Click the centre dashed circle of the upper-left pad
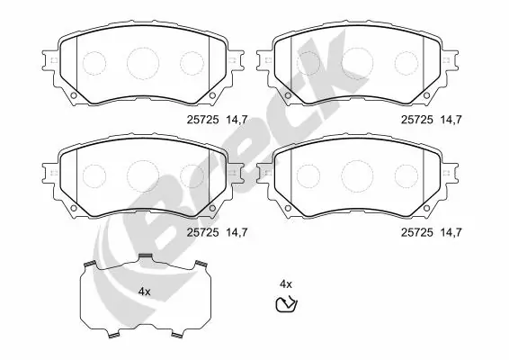[x=142, y=62]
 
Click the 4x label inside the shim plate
[x=144, y=292]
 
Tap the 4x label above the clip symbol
[x=286, y=283]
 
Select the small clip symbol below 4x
[x=287, y=304]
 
